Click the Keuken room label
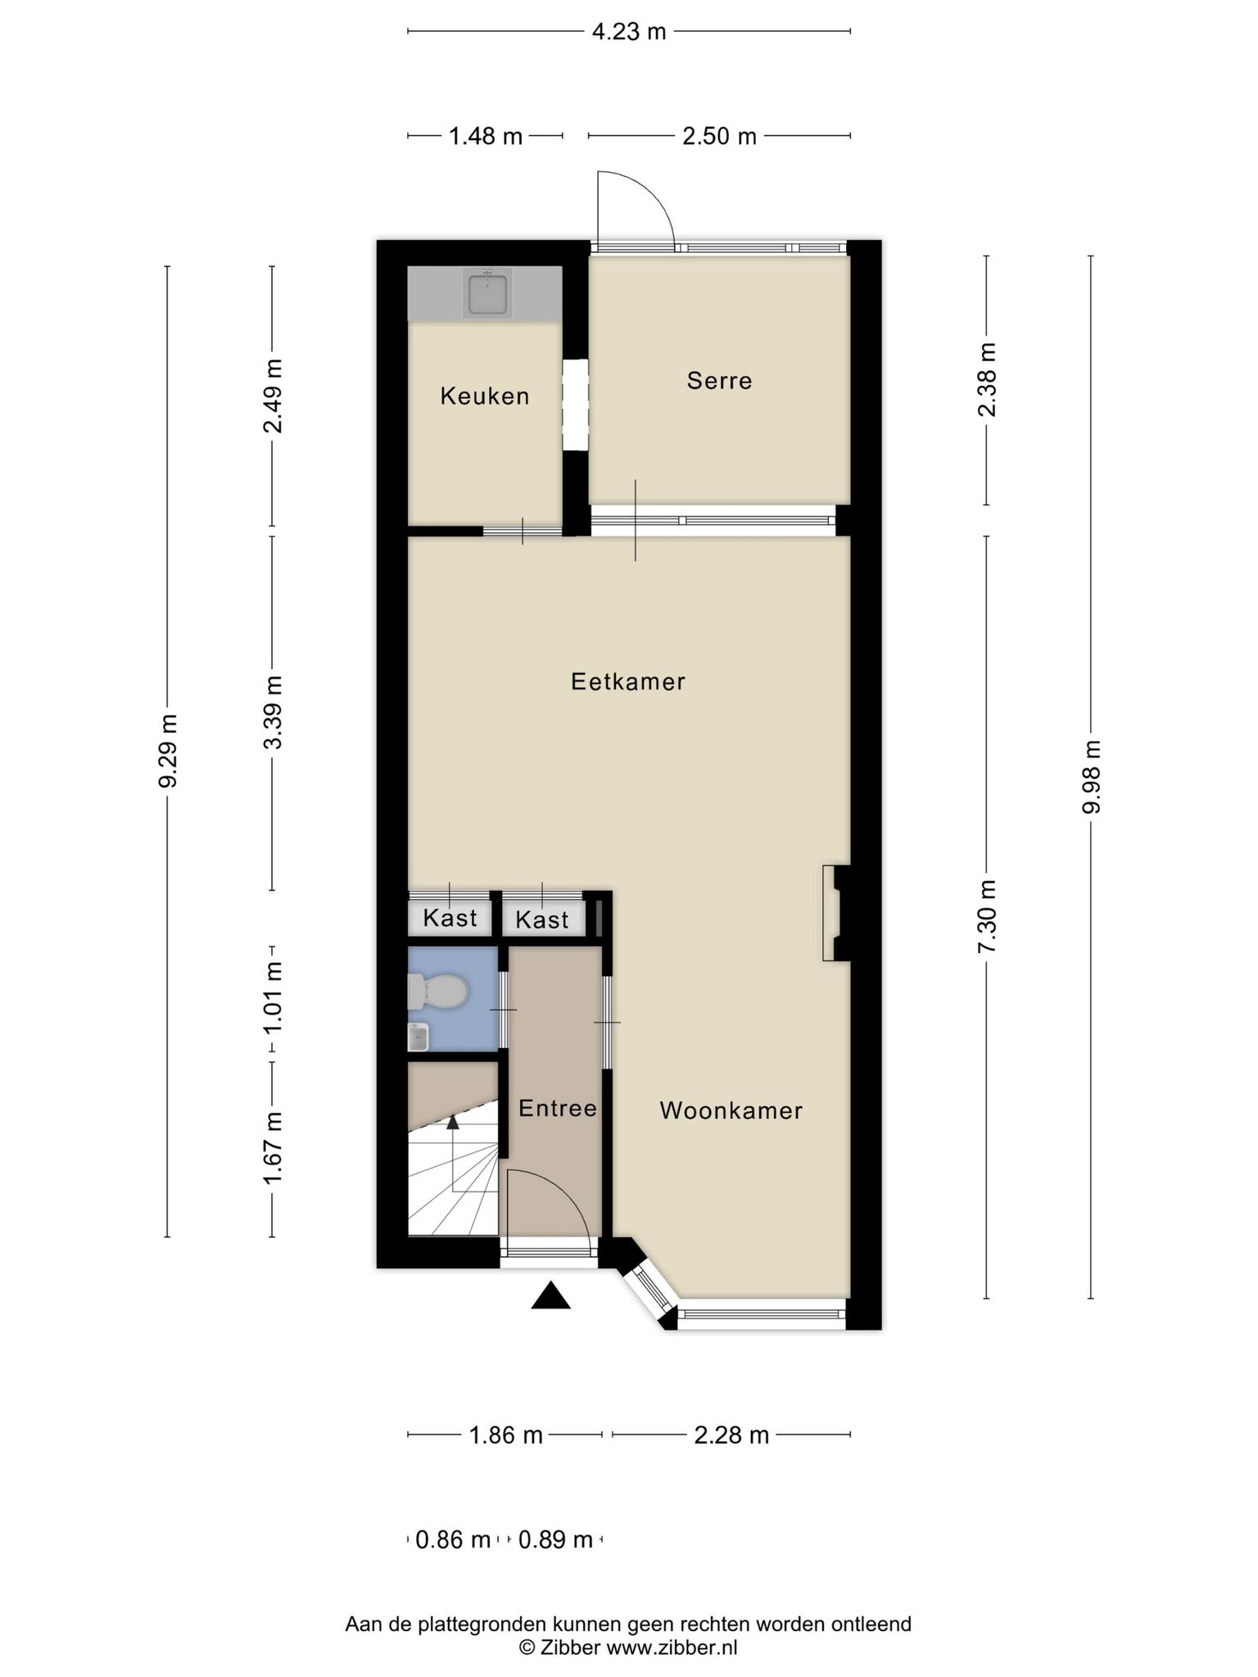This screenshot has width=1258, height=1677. pyautogui.click(x=485, y=396)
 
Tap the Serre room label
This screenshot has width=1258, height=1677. pyautogui.click(x=719, y=381)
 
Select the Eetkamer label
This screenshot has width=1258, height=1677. pyautogui.click(x=628, y=681)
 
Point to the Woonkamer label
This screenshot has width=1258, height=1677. pyautogui.click(x=731, y=1110)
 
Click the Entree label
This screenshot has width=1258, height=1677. pyautogui.click(x=558, y=1108)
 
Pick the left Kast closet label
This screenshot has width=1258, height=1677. pyautogui.click(x=450, y=918)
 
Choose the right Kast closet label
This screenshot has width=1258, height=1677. pyautogui.click(x=542, y=920)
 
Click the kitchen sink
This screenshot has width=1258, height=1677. pyautogui.click(x=487, y=293)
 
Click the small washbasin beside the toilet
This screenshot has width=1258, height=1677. pyautogui.click(x=419, y=1037)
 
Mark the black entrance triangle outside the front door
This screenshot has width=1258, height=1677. pyautogui.click(x=550, y=1295)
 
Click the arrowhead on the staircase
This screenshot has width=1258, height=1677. pyautogui.click(x=452, y=1121)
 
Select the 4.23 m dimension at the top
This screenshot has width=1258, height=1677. pyautogui.click(x=629, y=32)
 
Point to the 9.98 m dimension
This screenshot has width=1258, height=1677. pyautogui.click(x=1091, y=777)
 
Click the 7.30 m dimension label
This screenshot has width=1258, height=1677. pyautogui.click(x=987, y=916)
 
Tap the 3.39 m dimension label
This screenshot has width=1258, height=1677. pyautogui.click(x=274, y=712)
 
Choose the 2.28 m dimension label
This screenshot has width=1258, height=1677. pyautogui.click(x=731, y=1435)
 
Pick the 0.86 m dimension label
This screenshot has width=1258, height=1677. pyautogui.click(x=453, y=1540)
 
